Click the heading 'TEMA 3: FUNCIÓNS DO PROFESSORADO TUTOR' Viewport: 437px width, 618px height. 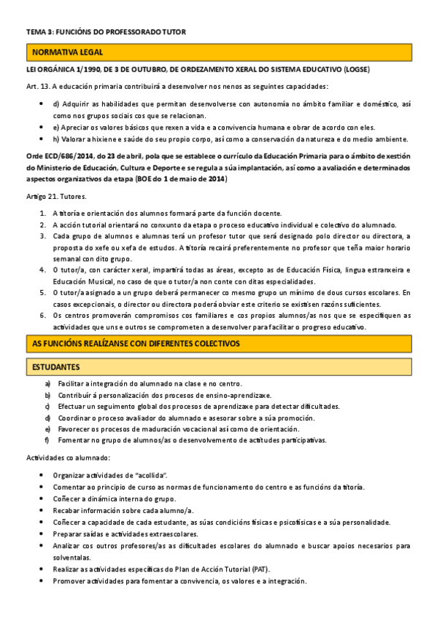(x=107, y=32)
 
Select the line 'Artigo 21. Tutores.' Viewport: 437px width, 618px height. (x=55, y=197)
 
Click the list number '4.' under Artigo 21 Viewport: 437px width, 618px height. (x=42, y=270)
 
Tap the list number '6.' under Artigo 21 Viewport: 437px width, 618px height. (x=42, y=316)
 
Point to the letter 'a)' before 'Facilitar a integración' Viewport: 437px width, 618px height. (x=47, y=384)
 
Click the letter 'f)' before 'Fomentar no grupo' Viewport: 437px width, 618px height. (x=47, y=439)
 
